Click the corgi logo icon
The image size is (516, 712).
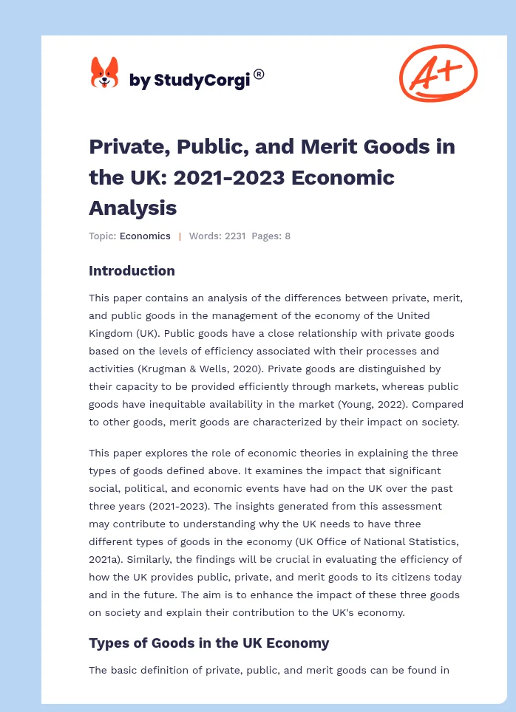(104, 73)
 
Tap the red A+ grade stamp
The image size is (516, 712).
(438, 72)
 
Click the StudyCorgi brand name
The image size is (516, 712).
(189, 80)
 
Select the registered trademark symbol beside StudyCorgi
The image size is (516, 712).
(259, 74)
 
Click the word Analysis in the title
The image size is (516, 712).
(132, 208)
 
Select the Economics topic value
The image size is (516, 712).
(145, 236)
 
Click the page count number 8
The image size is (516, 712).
(288, 236)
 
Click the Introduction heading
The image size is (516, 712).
(132, 271)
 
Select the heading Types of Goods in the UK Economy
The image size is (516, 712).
(208, 643)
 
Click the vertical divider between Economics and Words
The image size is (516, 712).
(180, 236)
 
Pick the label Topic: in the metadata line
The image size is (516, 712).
(102, 236)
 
